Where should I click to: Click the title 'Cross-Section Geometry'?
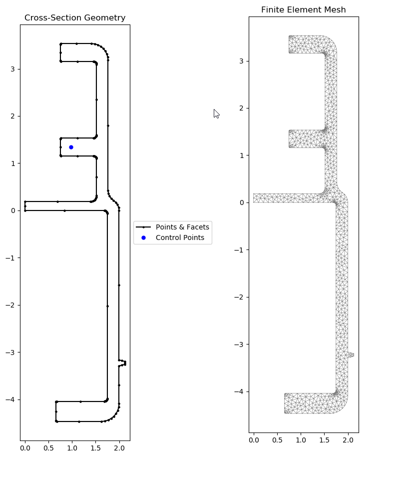point(75,18)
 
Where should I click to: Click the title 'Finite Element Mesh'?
point(303,10)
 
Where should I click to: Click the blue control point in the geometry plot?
point(71,147)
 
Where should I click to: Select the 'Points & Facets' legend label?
point(182,227)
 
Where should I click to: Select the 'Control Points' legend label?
point(180,238)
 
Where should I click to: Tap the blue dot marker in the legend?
point(143,238)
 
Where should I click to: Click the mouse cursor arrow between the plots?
point(216,113)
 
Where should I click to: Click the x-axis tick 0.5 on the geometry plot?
point(48,448)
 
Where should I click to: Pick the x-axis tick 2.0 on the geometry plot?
point(119,448)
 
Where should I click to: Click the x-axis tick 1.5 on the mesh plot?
point(324,440)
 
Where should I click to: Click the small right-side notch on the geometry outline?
point(123,362)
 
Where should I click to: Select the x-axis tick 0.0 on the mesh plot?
point(254,440)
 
